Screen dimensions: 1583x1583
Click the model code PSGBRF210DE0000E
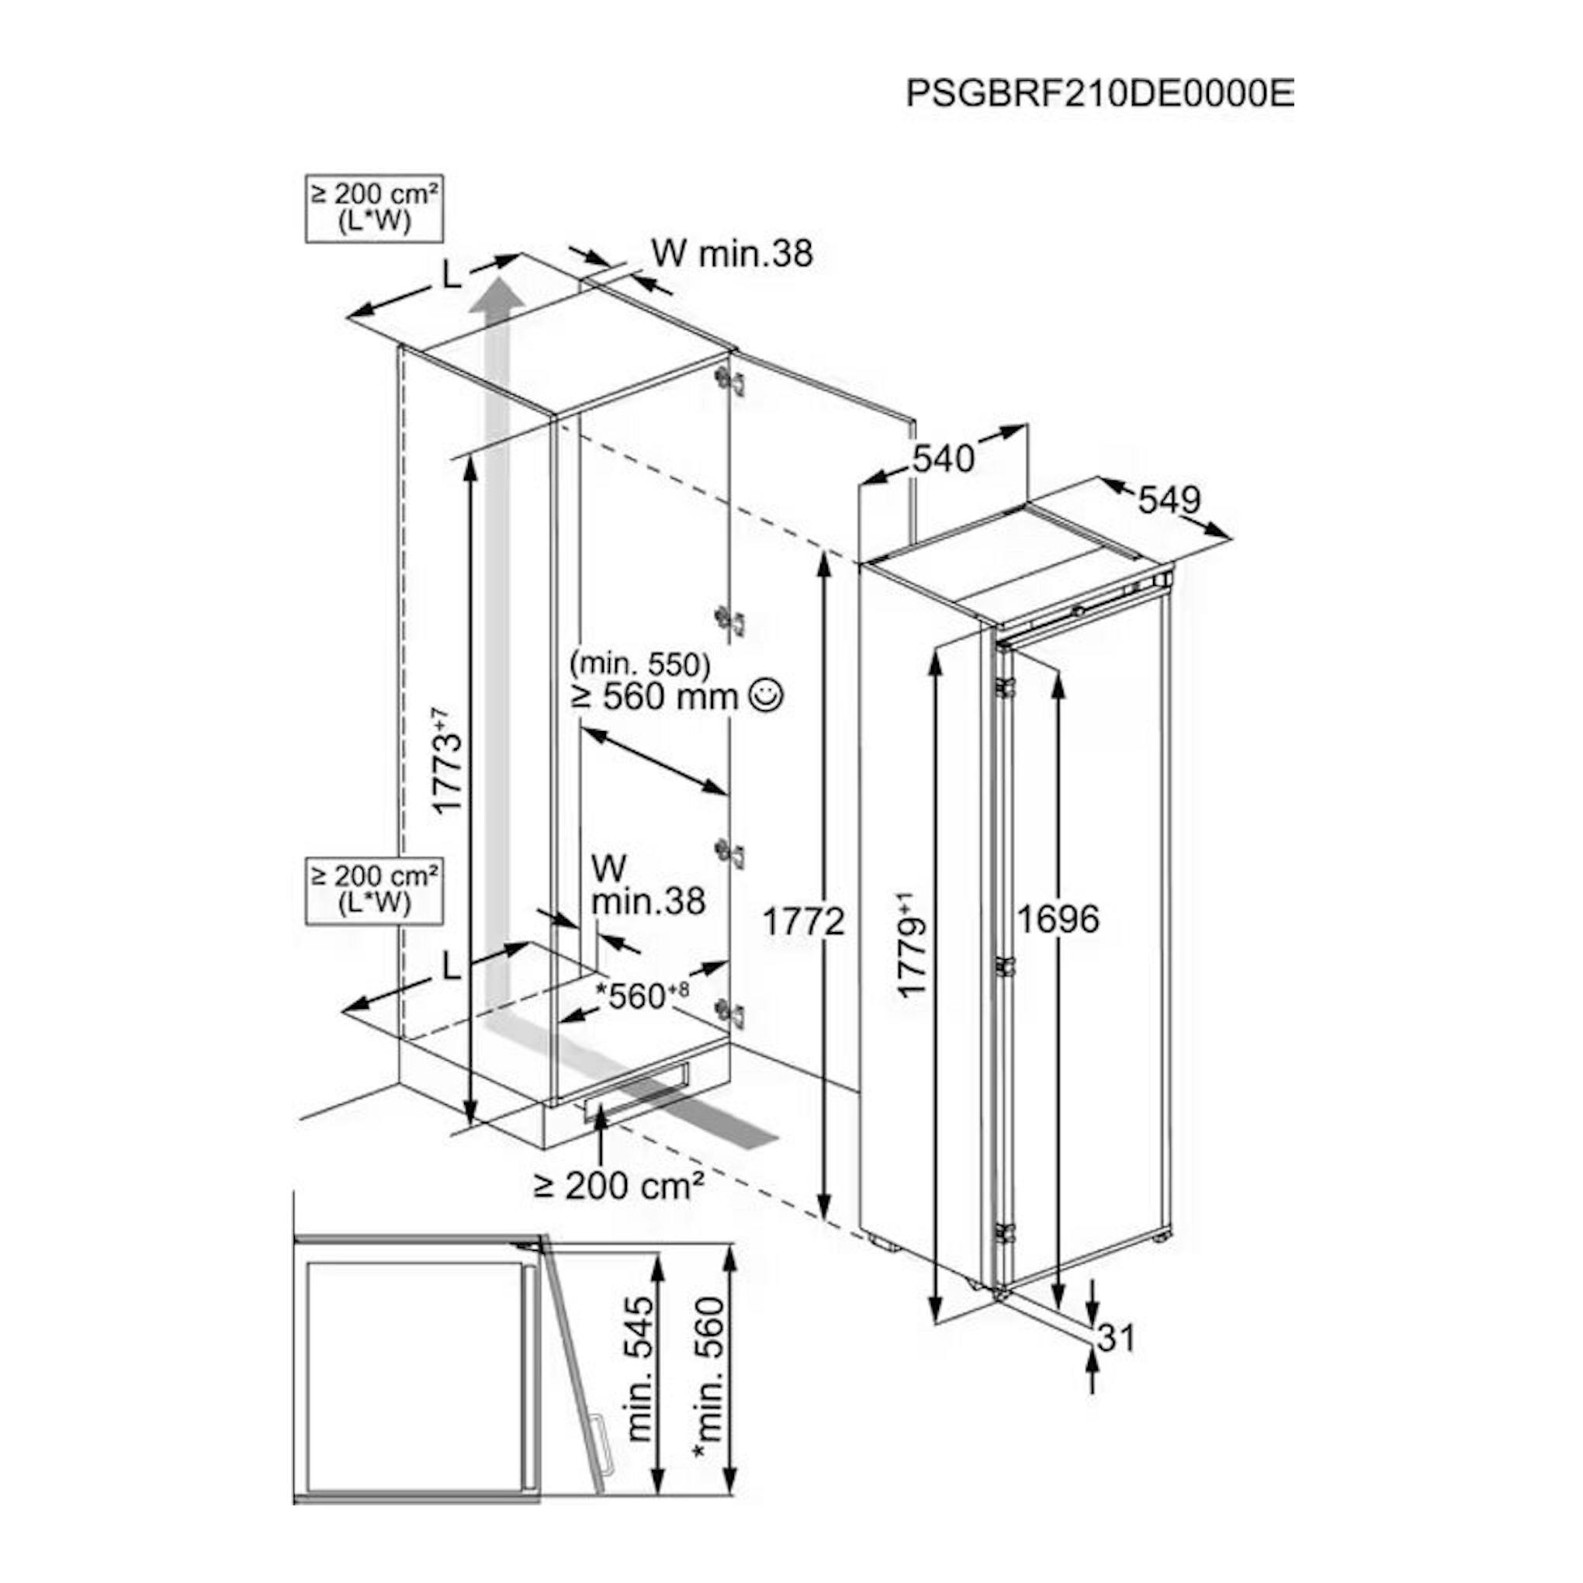(1100, 93)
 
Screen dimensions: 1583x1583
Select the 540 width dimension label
(943, 459)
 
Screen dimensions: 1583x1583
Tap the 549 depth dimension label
(1169, 499)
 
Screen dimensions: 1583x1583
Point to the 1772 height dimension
(803, 923)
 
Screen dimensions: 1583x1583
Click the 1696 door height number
(1058, 920)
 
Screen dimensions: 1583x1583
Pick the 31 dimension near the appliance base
(1116, 1337)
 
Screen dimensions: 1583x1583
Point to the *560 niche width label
(643, 996)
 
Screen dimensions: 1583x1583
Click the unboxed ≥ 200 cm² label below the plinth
(619, 1184)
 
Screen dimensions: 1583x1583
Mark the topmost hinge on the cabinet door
(729, 381)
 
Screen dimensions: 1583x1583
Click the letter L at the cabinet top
(452, 277)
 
